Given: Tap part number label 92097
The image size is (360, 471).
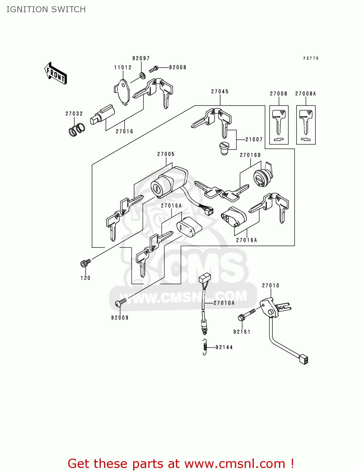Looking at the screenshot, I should [x=141, y=58].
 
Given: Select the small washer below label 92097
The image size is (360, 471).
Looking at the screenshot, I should [x=142, y=75].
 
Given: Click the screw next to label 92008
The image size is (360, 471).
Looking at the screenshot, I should [x=154, y=68].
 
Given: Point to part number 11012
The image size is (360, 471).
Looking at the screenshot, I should [x=123, y=68].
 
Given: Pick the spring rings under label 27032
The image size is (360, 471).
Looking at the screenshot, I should [x=77, y=129].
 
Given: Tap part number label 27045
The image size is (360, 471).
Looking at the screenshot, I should [x=220, y=92].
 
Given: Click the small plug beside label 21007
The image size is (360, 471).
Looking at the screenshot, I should [x=224, y=148].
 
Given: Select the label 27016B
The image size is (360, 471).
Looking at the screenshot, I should [x=250, y=155].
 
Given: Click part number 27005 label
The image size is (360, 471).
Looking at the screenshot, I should [x=166, y=154].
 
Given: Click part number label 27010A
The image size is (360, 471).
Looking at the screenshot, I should [x=224, y=303].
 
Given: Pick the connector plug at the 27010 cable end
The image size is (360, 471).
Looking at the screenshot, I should [x=304, y=359].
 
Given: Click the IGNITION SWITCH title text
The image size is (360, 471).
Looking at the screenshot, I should [x=46, y=9].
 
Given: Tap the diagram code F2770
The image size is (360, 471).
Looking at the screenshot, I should [x=311, y=58].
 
